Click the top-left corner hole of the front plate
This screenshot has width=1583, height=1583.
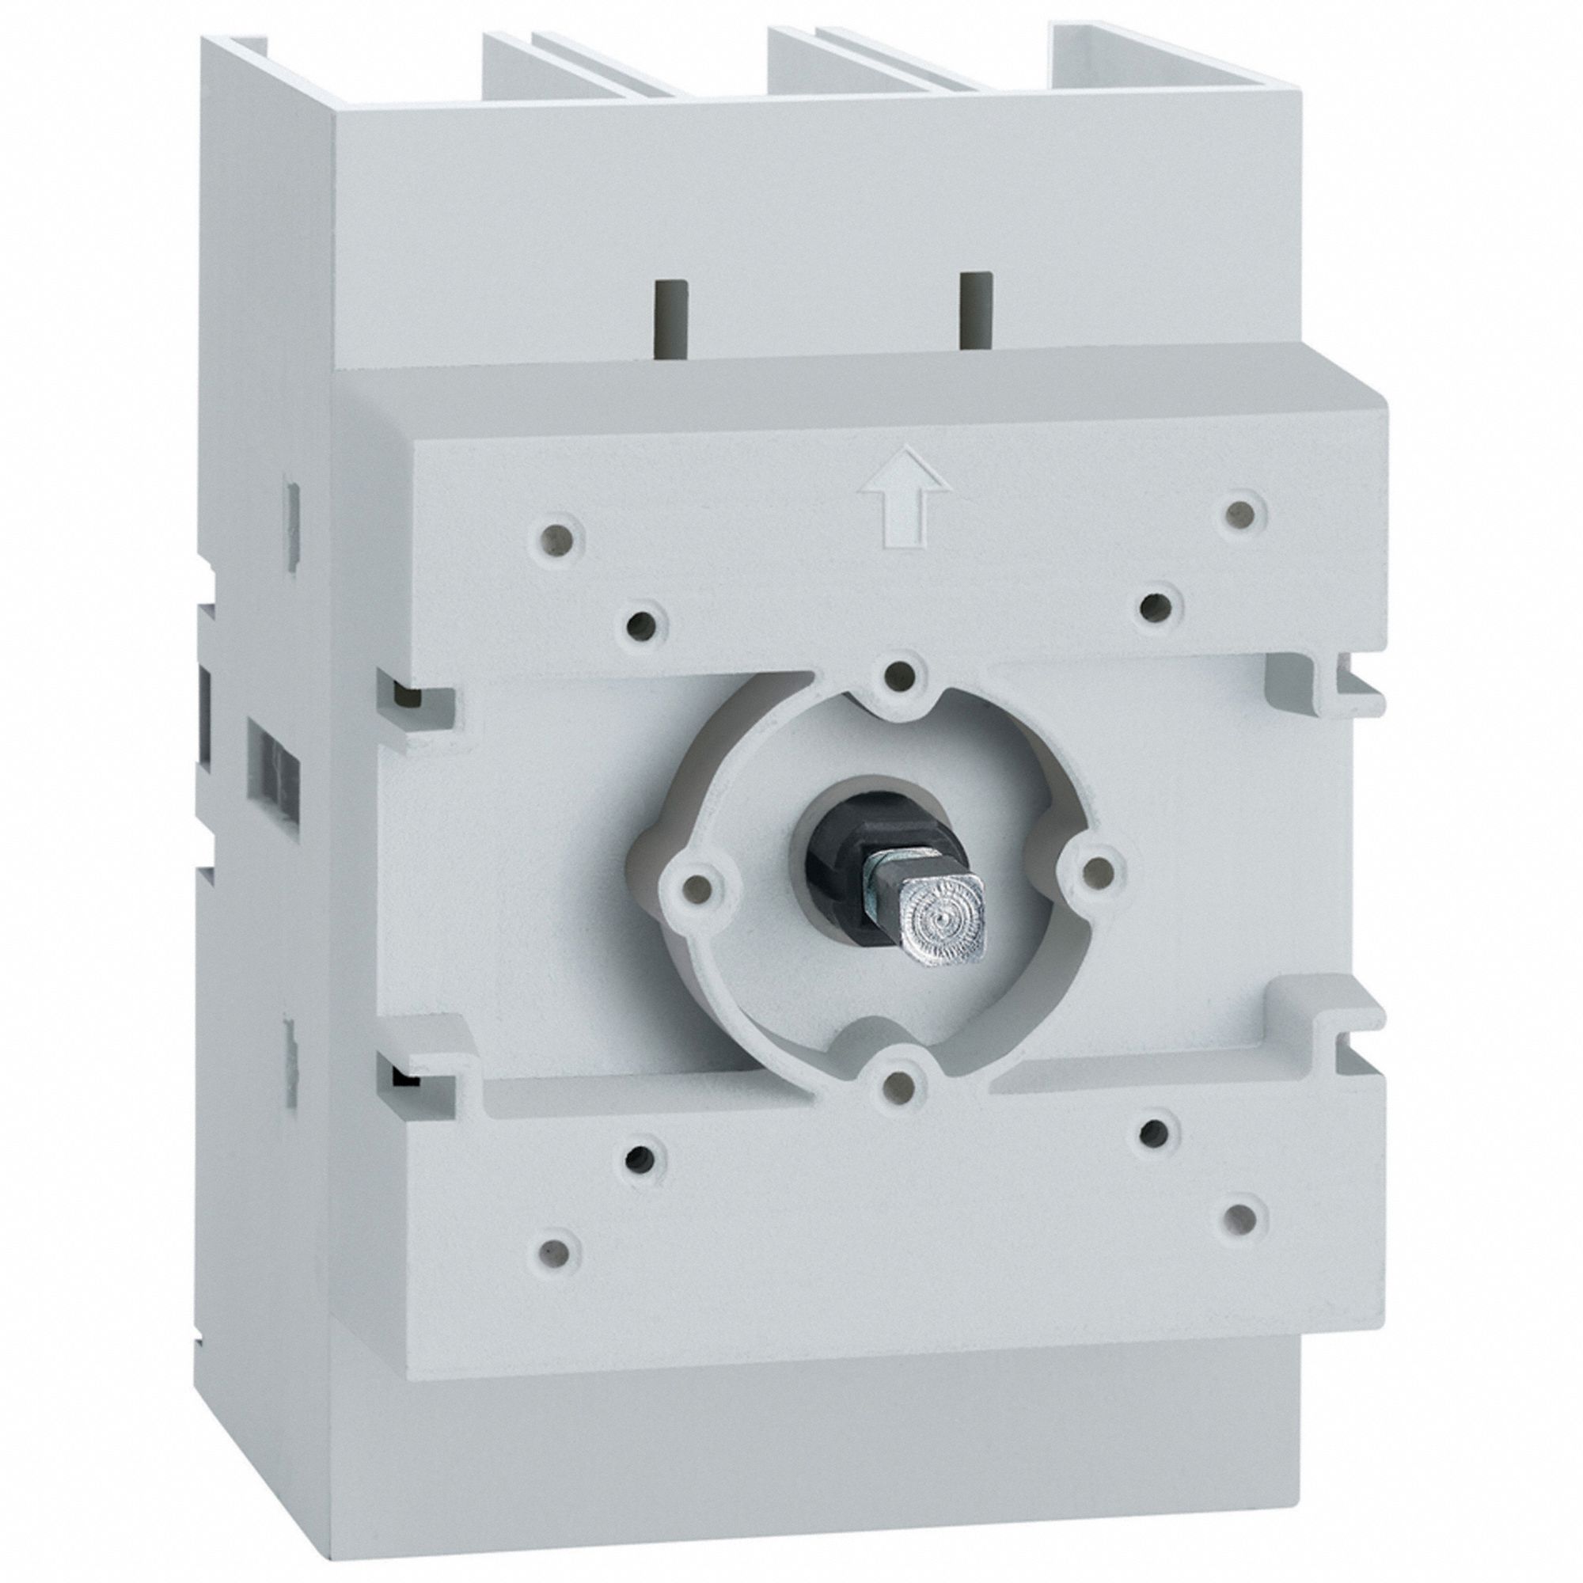(559, 539)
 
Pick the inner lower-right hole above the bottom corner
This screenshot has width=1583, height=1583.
(1155, 1133)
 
